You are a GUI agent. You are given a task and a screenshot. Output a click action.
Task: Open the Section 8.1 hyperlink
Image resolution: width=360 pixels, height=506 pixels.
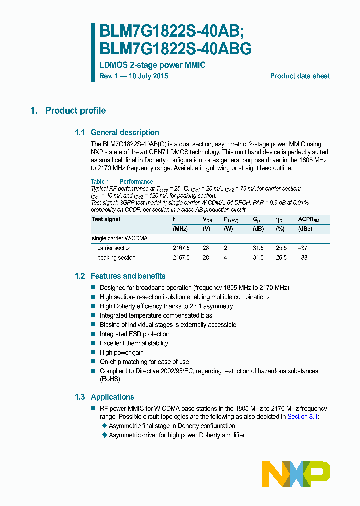click(x=303, y=416)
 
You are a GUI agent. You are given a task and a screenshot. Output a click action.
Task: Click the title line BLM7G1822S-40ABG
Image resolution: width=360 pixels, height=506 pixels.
click(x=175, y=49)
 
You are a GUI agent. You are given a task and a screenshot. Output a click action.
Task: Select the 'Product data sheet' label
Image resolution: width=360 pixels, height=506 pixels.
click(x=300, y=76)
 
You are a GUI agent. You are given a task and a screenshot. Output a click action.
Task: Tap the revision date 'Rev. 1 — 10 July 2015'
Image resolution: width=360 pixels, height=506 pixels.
click(x=134, y=76)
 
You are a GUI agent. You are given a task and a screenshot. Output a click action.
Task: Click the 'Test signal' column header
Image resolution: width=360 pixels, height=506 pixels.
click(x=106, y=219)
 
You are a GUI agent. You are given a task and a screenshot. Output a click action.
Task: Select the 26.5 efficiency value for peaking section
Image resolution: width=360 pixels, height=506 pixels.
click(x=281, y=258)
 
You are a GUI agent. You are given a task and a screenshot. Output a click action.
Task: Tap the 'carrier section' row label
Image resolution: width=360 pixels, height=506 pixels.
click(x=114, y=248)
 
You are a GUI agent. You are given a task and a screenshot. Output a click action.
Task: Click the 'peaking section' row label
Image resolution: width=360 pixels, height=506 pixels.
click(x=116, y=258)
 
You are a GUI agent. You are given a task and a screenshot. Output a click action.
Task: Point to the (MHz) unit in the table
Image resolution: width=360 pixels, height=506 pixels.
click(x=180, y=229)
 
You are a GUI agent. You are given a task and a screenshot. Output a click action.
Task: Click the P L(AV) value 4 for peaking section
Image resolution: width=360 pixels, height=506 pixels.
click(x=225, y=258)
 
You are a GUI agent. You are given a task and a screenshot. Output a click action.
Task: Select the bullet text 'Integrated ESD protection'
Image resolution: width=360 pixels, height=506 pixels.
click(x=134, y=334)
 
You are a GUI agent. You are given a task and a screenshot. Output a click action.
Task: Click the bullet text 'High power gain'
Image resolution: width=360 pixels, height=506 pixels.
click(x=121, y=352)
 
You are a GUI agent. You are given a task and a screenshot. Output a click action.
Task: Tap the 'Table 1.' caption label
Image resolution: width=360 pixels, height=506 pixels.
click(x=100, y=182)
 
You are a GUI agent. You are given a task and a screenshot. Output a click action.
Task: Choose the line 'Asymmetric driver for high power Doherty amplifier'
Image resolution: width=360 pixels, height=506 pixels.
click(x=177, y=435)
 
